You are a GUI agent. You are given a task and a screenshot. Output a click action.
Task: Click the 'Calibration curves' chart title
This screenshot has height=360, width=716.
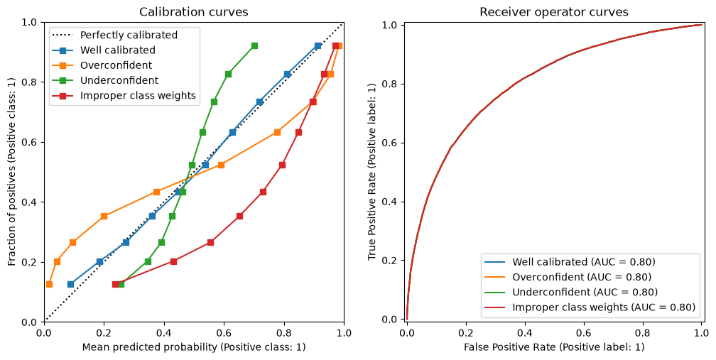[194, 11]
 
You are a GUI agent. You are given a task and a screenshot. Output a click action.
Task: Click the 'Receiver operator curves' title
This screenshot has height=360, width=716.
[554, 12]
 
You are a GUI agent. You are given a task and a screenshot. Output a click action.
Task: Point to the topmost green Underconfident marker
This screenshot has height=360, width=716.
[254, 45]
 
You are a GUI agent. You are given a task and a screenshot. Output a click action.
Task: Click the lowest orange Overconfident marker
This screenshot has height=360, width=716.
[49, 284]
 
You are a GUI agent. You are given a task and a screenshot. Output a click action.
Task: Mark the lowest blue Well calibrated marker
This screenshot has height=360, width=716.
[70, 284]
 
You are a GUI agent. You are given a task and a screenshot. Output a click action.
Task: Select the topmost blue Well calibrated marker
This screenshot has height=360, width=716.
[318, 45]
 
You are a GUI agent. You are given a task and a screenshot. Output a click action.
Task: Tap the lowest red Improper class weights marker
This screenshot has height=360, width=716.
[116, 284]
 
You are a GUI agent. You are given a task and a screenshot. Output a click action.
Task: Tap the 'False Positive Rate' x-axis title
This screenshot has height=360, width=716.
[554, 347]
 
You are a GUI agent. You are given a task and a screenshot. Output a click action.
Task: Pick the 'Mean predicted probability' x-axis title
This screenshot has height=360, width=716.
[194, 347]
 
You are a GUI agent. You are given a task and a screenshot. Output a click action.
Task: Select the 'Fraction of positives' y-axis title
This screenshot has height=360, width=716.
[12, 172]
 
